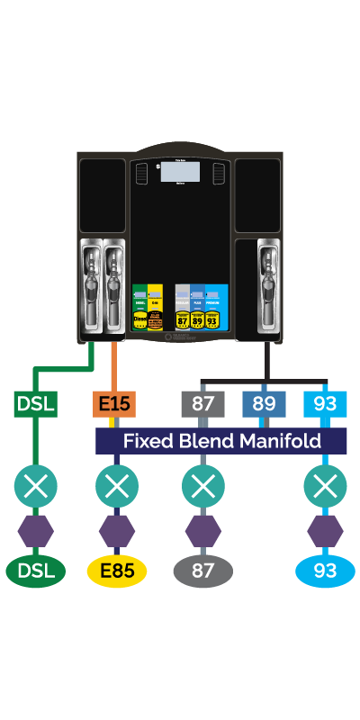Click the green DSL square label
pos(36,403)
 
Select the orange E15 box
pos(114,403)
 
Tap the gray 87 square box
pos(202,403)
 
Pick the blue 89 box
pos(264,403)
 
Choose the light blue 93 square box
pos(325,403)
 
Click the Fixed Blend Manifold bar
pos(221,441)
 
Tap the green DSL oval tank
pos(36,571)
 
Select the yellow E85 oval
pos(116,571)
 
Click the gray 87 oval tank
pos(203,571)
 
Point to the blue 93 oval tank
pos(325,571)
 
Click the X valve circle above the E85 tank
pos(116,487)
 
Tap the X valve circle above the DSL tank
pos(36,487)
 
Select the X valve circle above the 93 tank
pos(325,487)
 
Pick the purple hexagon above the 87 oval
pos(203,530)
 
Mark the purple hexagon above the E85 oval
pos(116,530)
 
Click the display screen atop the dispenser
pos(180,172)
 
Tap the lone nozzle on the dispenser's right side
pos(267,279)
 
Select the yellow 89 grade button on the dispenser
pos(196,319)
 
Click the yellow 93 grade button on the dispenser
pos(212,319)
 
